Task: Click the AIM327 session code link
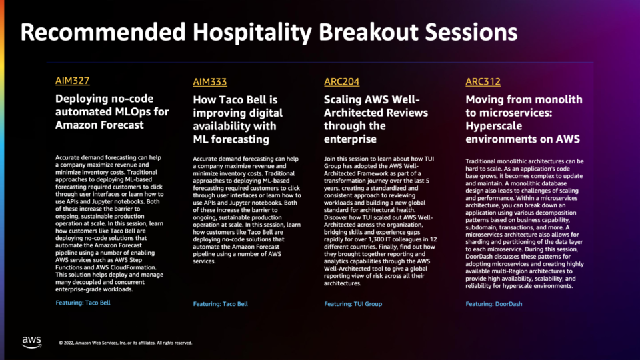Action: [x=72, y=81]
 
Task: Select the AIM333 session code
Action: [x=210, y=82]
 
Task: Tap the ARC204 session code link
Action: [x=341, y=81]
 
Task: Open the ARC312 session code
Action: [x=483, y=81]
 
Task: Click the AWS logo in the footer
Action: [x=31, y=342]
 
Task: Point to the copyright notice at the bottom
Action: [x=125, y=343]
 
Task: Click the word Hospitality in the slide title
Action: [x=252, y=32]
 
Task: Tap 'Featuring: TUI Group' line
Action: [x=353, y=304]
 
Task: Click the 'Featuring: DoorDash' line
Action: [x=494, y=304]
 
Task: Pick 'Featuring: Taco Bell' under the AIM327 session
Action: [x=83, y=303]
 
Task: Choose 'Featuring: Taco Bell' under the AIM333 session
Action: [x=221, y=304]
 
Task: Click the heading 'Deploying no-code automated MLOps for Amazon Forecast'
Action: [x=112, y=111]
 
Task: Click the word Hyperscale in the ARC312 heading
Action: [x=494, y=126]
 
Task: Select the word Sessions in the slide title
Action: [x=471, y=32]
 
